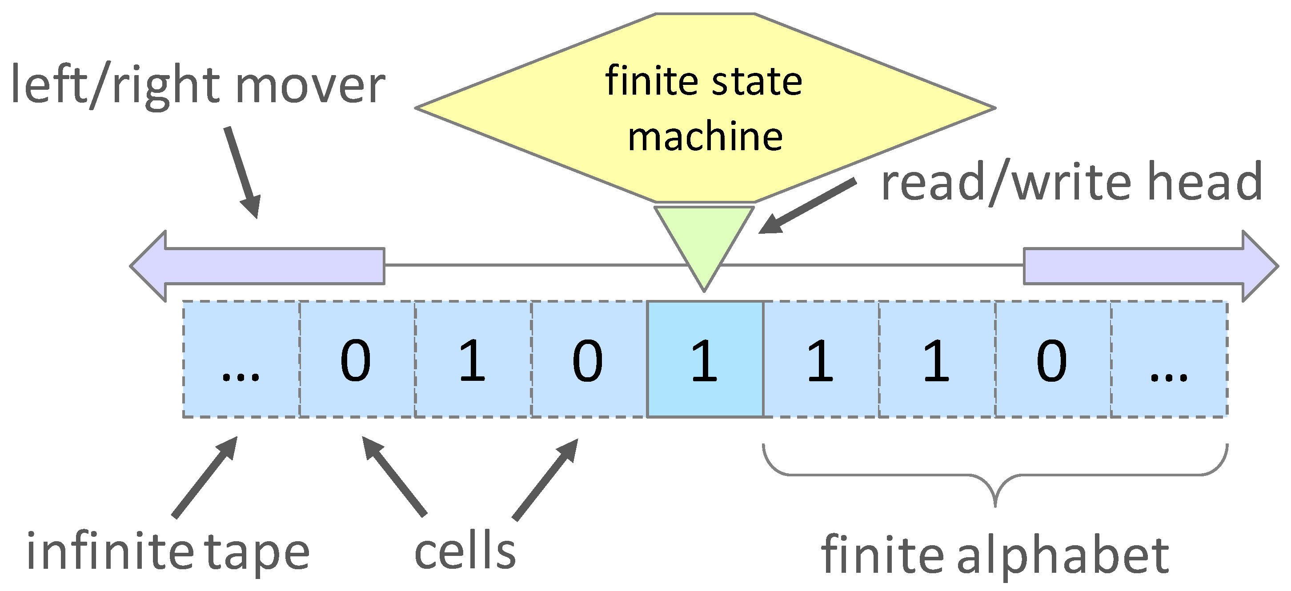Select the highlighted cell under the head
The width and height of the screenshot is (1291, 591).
[x=705, y=359]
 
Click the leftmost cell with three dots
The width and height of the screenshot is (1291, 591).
[x=241, y=359]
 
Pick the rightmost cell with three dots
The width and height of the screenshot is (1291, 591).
[x=1168, y=359]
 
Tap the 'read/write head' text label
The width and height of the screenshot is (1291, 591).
[x=1071, y=183]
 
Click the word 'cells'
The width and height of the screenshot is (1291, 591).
[x=465, y=551]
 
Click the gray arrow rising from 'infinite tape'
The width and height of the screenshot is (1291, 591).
[x=204, y=477]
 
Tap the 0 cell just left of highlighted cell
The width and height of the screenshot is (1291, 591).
[x=587, y=359]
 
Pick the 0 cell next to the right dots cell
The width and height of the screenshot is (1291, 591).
[x=1051, y=359]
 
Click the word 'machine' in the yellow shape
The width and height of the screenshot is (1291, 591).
[x=705, y=137]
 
